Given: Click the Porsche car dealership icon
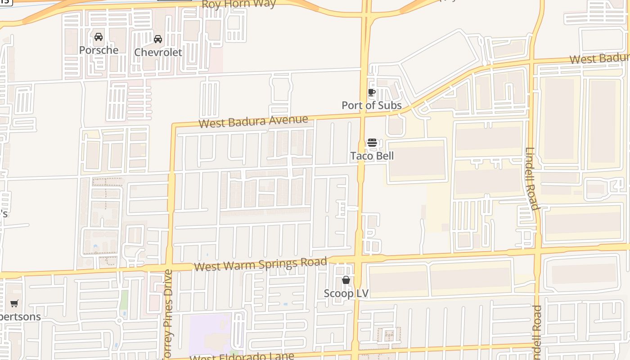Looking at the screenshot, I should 99,37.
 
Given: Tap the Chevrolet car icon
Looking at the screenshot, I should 158,39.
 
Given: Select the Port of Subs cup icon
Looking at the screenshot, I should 372,93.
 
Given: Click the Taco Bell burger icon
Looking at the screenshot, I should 372,143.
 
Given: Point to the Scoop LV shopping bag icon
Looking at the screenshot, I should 346,280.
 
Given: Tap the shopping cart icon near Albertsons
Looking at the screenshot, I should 14,304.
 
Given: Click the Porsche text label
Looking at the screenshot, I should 99,50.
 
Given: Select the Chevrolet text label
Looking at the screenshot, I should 158,52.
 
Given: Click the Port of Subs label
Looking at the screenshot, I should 371,105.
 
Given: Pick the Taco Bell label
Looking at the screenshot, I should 372,156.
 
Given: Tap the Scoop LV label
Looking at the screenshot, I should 346,293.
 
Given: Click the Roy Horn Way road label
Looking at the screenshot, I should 238,4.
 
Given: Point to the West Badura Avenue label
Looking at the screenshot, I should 253,121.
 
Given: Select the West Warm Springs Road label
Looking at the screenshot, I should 261,264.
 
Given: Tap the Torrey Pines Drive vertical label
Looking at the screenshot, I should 167,315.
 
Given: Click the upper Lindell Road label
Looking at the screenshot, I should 531,179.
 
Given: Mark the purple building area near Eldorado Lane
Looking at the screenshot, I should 209,335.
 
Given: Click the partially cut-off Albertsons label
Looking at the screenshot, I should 20,316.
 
